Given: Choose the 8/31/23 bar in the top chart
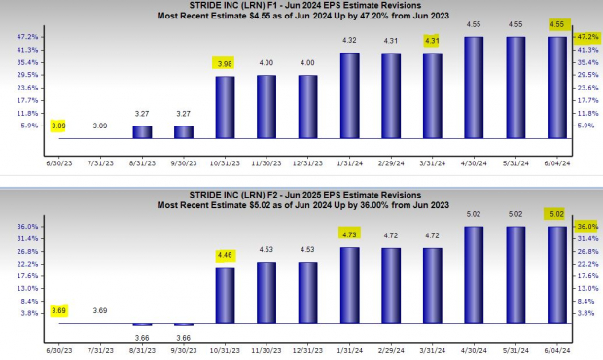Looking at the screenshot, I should tap(142, 132).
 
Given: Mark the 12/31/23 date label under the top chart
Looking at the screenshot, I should tap(308, 149).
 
